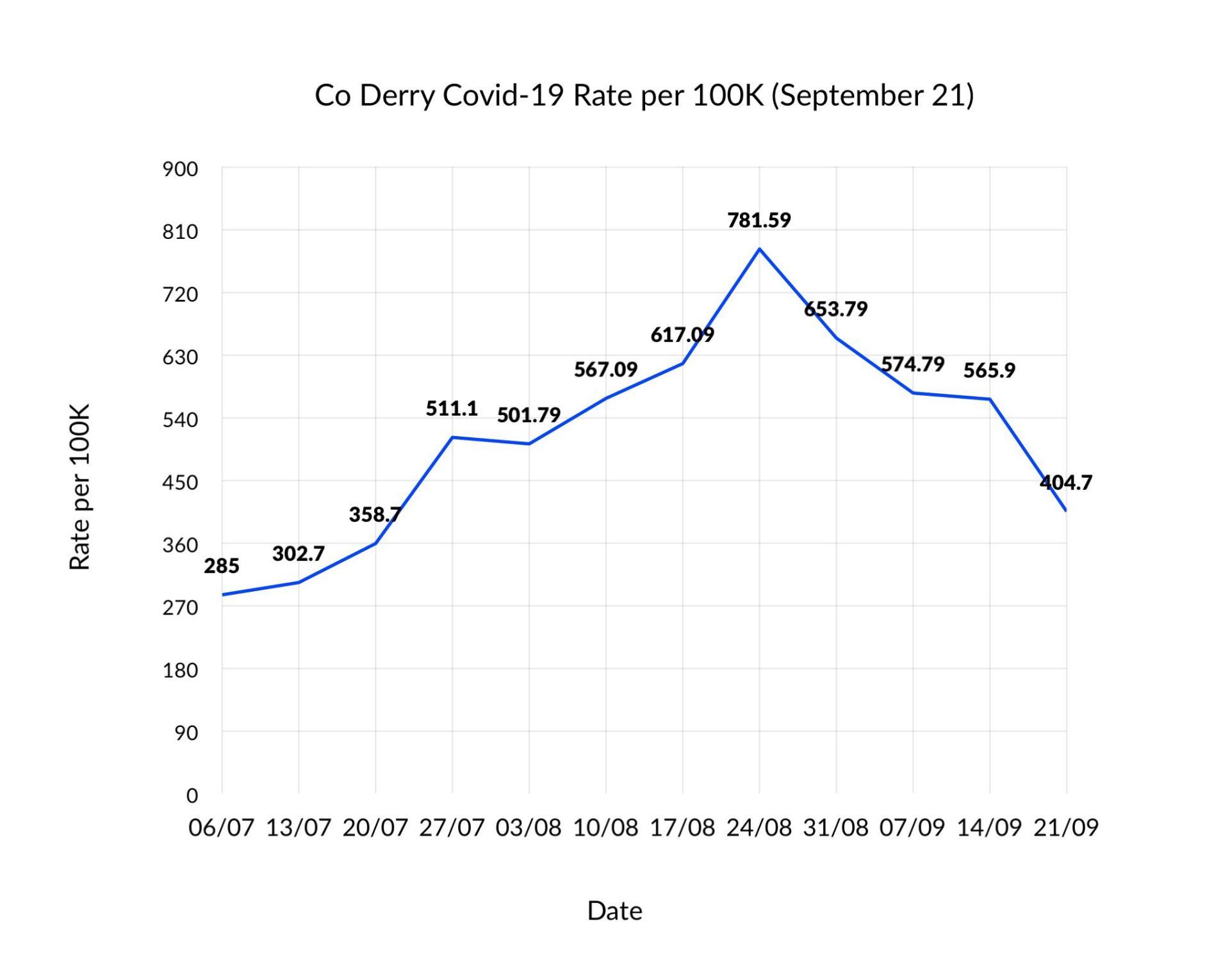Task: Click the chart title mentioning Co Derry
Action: pos(644,95)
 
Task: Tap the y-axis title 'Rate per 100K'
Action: pos(79,487)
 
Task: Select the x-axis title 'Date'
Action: pos(614,910)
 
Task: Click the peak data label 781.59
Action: pos(759,220)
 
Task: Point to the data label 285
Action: pos(222,566)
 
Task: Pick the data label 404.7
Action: pos(1065,482)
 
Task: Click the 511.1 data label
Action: pos(452,409)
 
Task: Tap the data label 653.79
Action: pos(835,309)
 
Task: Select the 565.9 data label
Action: pos(989,370)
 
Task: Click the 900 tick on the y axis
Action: pos(180,169)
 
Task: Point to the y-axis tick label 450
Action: pos(180,482)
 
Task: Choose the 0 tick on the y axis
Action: pos(192,795)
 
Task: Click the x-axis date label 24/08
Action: pos(759,827)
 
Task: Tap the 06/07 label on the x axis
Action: pos(222,827)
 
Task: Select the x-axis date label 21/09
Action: pos(1066,827)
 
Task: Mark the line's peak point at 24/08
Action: pos(759,249)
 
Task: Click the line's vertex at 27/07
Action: pos(452,437)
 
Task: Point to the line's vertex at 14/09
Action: pos(990,399)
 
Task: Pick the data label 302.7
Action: pos(299,553)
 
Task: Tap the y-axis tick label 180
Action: pos(180,671)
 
